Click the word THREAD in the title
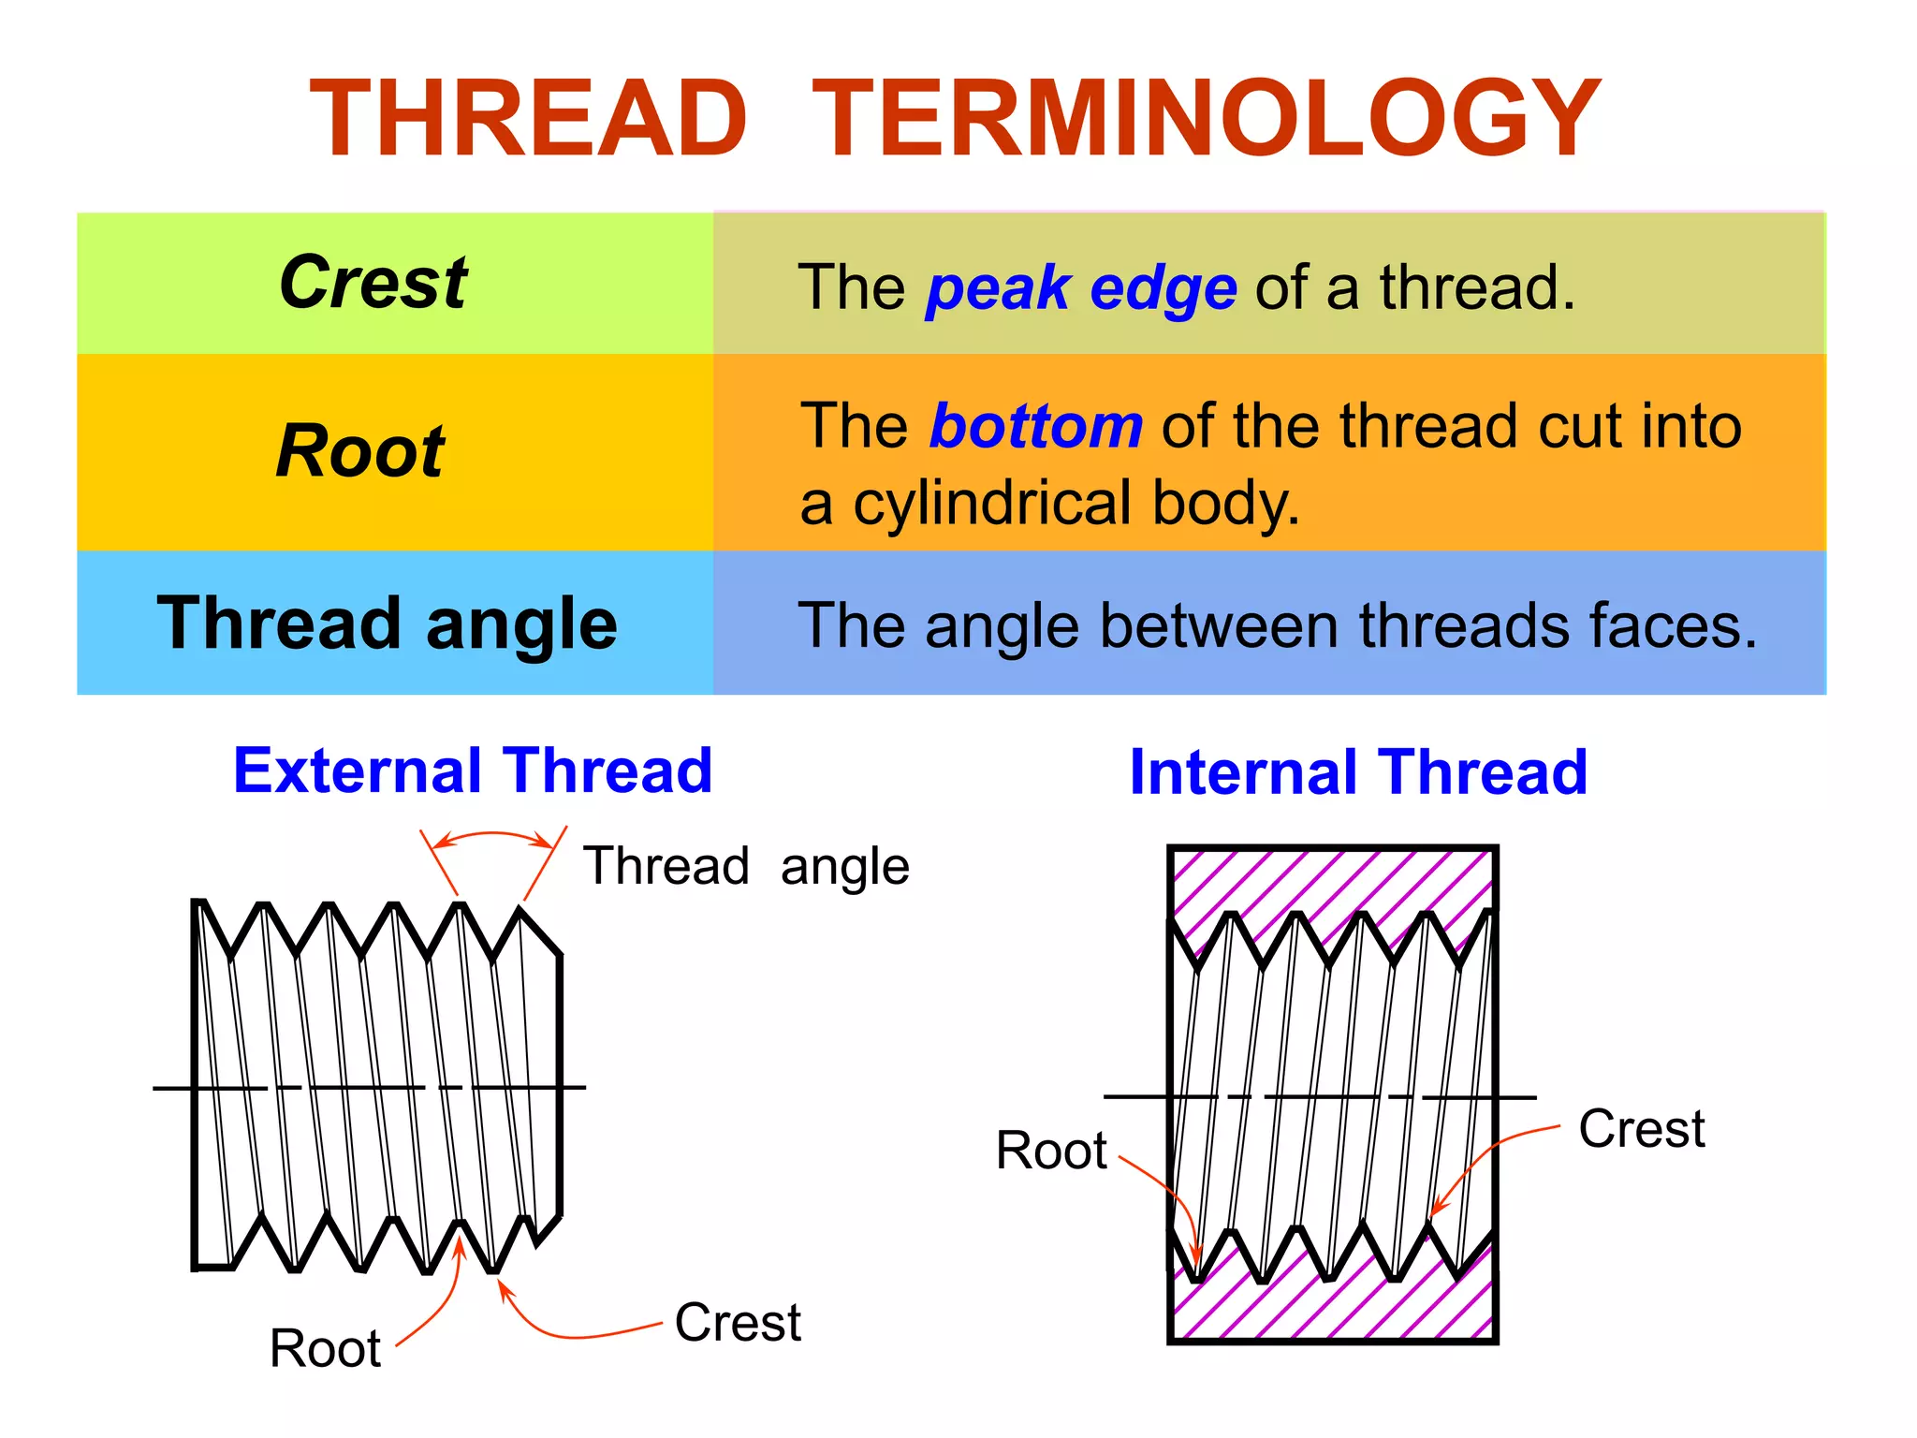(x=529, y=119)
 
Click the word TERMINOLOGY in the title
(x=1206, y=119)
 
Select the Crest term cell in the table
(x=374, y=282)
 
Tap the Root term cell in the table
(x=360, y=451)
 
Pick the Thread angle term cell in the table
(x=388, y=624)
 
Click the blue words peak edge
(x=1081, y=288)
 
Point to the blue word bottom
(x=1036, y=427)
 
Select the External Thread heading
(x=473, y=771)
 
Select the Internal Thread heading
(x=1358, y=773)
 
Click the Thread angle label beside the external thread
(x=746, y=866)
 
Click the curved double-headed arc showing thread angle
(x=492, y=835)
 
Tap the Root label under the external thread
(x=325, y=1349)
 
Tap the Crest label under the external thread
(x=738, y=1323)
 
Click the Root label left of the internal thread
(x=1051, y=1151)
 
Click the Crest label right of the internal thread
(x=1642, y=1129)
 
